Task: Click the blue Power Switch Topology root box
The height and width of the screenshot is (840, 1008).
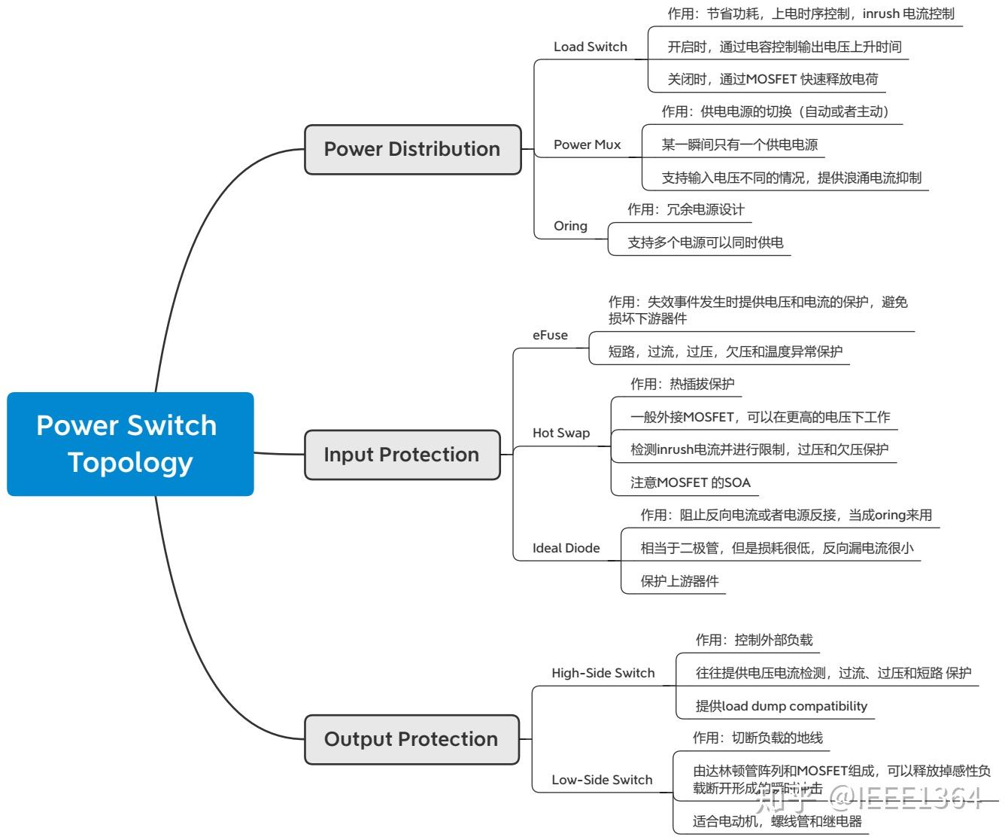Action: (130, 444)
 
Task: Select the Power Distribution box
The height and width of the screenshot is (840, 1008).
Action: (412, 149)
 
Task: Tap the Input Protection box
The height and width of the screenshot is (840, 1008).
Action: (402, 455)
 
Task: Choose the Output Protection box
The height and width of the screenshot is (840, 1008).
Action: (411, 739)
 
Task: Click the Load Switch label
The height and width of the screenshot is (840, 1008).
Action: (591, 47)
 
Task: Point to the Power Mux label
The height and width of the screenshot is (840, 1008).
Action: (587, 145)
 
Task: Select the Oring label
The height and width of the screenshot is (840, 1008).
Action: (570, 226)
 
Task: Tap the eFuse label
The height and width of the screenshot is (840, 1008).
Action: (550, 335)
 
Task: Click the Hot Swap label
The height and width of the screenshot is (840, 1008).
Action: (561, 433)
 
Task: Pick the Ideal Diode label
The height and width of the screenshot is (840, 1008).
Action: (566, 548)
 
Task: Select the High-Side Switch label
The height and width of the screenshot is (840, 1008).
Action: (603, 673)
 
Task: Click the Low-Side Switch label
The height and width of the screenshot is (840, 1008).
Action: (602, 780)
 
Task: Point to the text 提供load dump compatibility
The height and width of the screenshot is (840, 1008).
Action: (781, 706)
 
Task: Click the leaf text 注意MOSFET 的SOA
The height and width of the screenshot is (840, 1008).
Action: (691, 482)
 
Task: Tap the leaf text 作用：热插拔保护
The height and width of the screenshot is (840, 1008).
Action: (682, 384)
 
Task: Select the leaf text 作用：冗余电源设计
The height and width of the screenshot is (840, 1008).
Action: (686, 209)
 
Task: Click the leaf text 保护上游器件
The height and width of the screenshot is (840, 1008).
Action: (679, 581)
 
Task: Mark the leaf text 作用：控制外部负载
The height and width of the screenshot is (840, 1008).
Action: (754, 640)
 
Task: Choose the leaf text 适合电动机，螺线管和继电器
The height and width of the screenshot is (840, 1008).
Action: (777, 821)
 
